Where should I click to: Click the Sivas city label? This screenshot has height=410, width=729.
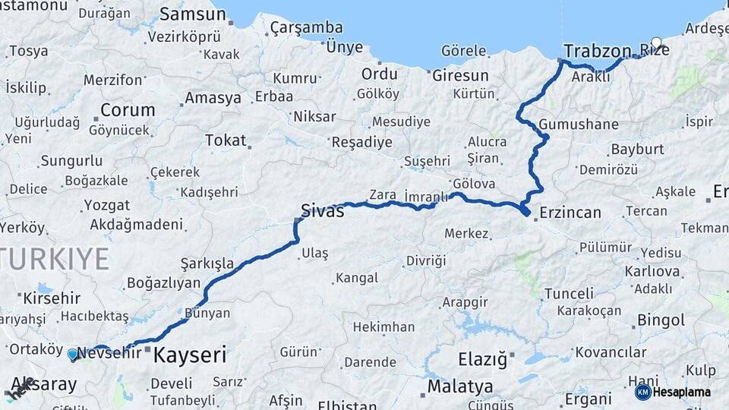[322, 210]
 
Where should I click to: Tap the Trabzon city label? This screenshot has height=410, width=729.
[597, 51]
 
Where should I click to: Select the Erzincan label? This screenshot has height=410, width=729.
[570, 213]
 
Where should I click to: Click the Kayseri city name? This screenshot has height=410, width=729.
[190, 355]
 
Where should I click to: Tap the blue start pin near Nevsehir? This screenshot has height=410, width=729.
[73, 354]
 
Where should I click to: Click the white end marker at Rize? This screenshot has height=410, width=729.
[656, 43]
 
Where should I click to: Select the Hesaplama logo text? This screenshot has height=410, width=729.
[682, 393]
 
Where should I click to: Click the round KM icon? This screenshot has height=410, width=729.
[642, 393]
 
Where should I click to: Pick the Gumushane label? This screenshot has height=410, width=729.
[579, 125]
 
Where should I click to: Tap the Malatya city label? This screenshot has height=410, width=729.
[460, 386]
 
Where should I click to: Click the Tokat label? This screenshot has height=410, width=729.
[226, 140]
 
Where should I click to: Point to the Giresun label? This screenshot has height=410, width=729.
[460, 76]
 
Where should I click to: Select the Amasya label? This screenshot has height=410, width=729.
[213, 98]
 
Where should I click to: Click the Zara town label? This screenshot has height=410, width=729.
[383, 194]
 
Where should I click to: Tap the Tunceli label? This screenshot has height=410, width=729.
[569, 293]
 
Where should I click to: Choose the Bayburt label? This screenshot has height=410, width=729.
[637, 149]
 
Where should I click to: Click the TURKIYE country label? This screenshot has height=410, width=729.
[55, 259]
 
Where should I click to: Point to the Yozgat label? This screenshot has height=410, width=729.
[106, 205]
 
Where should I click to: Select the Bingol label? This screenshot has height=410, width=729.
[661, 320]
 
